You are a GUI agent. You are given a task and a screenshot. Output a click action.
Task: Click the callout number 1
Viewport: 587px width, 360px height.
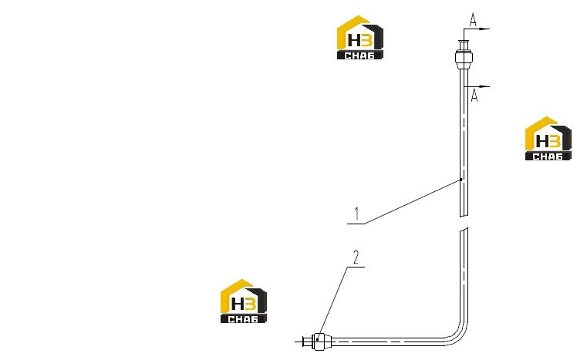point(357,214)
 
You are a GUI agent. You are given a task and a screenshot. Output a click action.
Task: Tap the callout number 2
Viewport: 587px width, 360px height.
point(356,257)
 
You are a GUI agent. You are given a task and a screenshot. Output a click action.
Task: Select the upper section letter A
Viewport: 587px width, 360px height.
point(474,19)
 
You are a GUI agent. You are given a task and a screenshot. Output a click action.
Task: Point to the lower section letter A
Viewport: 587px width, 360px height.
point(474,96)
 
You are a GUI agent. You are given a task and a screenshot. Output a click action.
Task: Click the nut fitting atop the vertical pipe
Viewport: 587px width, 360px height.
point(464,58)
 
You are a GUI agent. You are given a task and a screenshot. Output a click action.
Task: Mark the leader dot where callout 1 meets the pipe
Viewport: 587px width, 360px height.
point(461,180)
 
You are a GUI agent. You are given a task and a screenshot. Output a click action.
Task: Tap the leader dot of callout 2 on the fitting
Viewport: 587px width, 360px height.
point(318,339)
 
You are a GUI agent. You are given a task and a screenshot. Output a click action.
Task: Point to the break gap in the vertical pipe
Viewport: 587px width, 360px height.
point(464,222)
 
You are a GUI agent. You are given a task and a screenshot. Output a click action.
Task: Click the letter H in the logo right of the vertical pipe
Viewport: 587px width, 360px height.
point(541,141)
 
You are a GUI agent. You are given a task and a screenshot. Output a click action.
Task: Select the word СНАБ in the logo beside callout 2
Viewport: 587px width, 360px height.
point(243,319)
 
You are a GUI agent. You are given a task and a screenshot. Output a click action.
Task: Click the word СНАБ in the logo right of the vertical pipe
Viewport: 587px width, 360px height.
point(548,156)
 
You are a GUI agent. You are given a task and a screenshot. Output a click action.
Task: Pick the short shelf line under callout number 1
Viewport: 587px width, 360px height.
point(356,224)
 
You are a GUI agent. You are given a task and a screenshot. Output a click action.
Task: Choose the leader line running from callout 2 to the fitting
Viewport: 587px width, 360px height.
point(332,303)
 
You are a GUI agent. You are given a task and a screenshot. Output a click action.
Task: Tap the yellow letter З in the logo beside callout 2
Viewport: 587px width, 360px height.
point(251,304)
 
